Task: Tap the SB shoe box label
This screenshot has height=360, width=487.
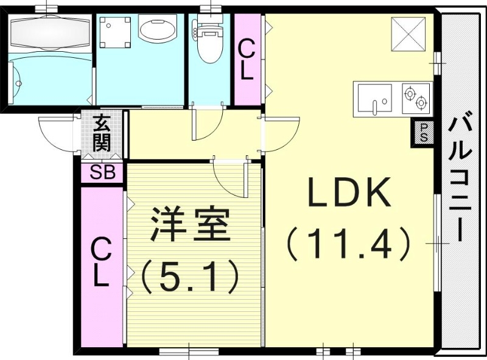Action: coord(102,172)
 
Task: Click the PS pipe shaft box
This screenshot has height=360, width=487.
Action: coord(424,132)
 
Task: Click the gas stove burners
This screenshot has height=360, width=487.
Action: coord(416,97)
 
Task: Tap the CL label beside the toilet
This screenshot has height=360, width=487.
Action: coord(247,60)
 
